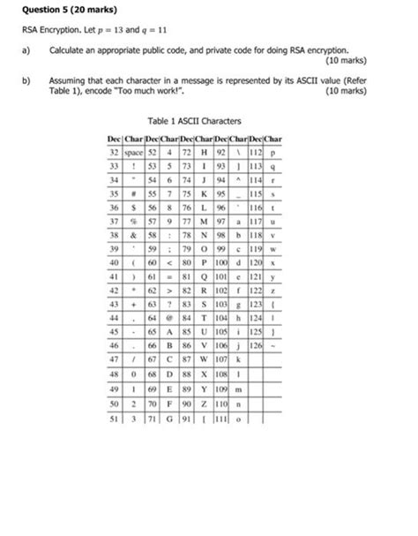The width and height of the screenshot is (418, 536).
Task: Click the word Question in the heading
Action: (x=41, y=11)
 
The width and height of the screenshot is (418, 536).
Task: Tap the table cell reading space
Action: (x=134, y=152)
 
